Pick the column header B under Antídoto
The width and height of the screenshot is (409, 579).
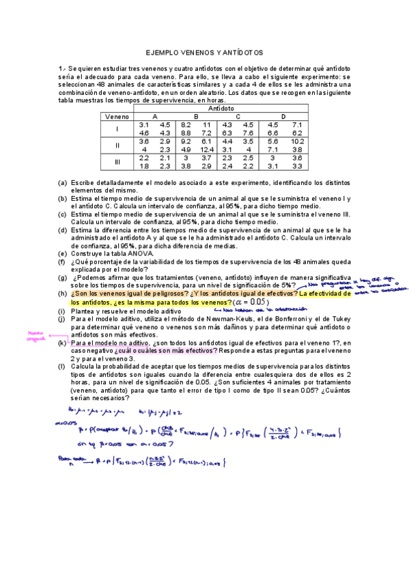[x=196, y=117]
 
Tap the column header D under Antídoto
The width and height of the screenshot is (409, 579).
[x=283, y=117]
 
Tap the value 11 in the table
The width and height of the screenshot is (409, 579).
[x=206, y=125]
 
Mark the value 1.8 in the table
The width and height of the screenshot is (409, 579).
[x=143, y=166]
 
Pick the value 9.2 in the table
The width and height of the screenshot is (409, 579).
[x=186, y=141]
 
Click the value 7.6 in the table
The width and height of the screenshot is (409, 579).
[x=248, y=133]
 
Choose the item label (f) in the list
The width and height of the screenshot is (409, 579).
[x=62, y=262]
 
